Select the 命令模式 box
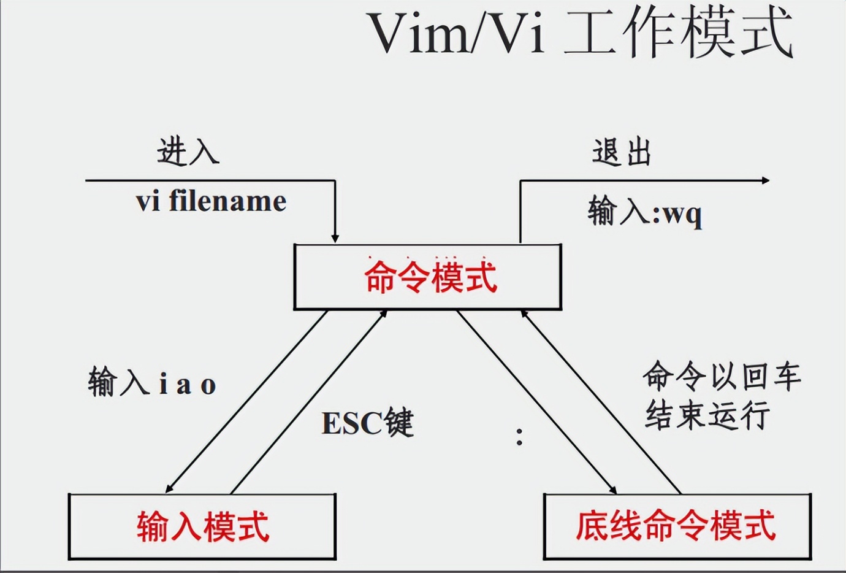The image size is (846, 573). tap(428, 277)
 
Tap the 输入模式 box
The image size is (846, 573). tap(202, 527)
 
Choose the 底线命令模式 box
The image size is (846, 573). tap(677, 527)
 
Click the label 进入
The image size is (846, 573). tap(188, 152)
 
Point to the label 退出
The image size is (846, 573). tap(621, 152)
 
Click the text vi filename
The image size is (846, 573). tap(211, 201)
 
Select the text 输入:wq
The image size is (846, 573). tap(645, 213)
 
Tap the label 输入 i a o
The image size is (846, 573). tap(152, 383)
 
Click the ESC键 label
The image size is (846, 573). tap(367, 423)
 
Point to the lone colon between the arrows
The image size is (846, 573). tap(519, 436)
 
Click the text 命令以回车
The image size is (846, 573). tap(722, 376)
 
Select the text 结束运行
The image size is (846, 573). tap(707, 415)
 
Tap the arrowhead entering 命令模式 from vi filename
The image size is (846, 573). tap(335, 238)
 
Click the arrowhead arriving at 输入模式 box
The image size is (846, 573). tap(169, 488)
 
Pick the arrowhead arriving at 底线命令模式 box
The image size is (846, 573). tap(612, 489)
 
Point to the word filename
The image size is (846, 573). tap(227, 201)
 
